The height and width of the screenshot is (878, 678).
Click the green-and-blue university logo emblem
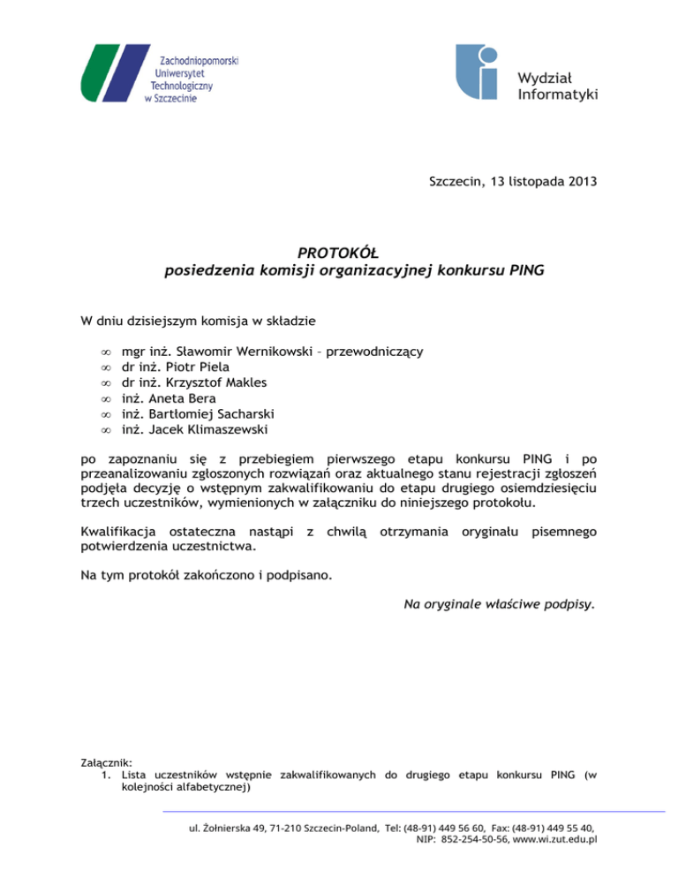[112, 73]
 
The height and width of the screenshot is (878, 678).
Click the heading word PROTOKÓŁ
[339, 254]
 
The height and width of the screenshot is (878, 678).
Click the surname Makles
[243, 383]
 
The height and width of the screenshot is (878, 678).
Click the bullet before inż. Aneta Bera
[103, 399]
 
